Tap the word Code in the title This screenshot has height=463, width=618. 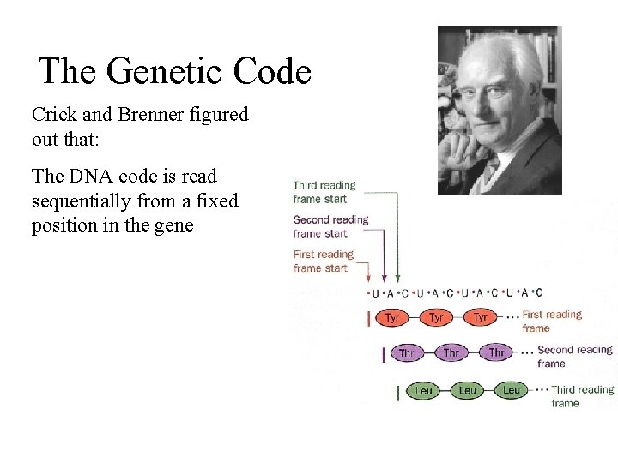tap(270, 71)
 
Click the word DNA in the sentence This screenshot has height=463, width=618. tap(94, 177)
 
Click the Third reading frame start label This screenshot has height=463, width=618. tap(324, 192)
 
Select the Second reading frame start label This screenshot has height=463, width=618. tap(330, 226)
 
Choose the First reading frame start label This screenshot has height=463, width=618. tap(323, 261)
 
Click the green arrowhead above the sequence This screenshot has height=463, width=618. tap(397, 277)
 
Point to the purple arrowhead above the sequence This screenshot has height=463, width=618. tap(384, 277)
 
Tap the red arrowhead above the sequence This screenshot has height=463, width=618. tap(369, 277)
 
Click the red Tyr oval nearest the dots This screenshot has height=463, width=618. tap(481, 317)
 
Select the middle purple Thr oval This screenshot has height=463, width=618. tap(451, 352)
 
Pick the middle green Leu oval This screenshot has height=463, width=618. tap(467, 390)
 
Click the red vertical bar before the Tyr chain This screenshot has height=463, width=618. tap(369, 318)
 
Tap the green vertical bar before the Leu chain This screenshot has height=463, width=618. tap(398, 392)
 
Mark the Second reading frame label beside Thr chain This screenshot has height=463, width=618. tap(573, 356)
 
